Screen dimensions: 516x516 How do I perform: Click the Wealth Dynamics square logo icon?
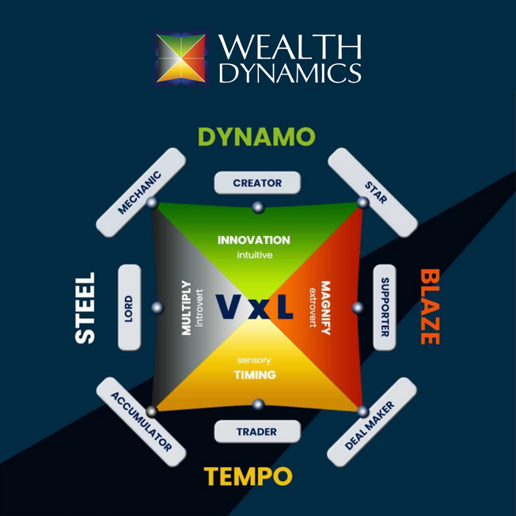coord(181,56)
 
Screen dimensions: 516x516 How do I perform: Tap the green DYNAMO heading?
coord(256,136)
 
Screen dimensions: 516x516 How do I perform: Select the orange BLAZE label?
coord(429,307)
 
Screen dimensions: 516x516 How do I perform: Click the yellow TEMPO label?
coord(249,477)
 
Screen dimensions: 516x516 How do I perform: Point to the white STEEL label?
coord(85,308)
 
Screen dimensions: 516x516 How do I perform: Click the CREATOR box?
coord(257,183)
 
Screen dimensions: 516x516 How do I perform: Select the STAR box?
coord(372,192)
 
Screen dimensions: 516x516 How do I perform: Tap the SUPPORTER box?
coord(384,307)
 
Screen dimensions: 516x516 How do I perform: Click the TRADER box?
coord(257,432)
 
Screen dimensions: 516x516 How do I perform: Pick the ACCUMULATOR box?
coord(141,422)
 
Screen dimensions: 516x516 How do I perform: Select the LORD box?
coord(129,307)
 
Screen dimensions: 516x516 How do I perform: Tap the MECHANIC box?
coord(139,192)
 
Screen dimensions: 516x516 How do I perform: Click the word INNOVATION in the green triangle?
coord(253,240)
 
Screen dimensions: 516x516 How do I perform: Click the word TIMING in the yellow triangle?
coord(254,375)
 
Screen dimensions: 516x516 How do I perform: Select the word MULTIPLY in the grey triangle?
coord(187,307)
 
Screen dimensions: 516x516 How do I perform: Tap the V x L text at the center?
coord(255,308)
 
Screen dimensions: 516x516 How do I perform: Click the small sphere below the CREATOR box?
coord(257,207)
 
